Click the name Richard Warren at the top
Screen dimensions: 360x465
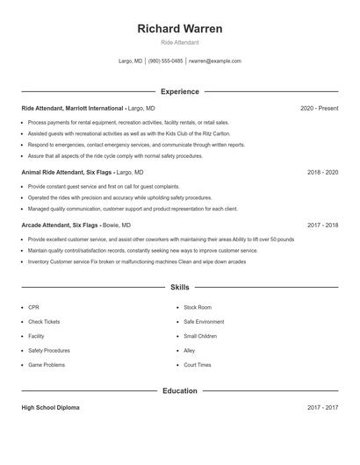click(x=179, y=28)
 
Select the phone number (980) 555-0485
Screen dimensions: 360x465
click(x=165, y=61)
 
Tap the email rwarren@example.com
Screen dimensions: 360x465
click(x=215, y=61)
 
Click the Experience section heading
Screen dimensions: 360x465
click(x=179, y=91)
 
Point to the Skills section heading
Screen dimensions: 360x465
click(x=179, y=287)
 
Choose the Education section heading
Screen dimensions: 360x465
click(x=179, y=390)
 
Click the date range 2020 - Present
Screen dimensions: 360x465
click(x=319, y=108)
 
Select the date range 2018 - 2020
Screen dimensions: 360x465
click(x=322, y=173)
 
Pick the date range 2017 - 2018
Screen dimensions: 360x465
click(x=322, y=225)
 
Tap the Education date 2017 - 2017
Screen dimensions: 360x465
click(x=322, y=408)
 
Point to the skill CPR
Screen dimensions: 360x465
click(x=33, y=308)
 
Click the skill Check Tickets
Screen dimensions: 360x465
click(x=44, y=322)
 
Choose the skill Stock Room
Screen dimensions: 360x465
click(x=198, y=308)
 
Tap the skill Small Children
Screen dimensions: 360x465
click(x=200, y=336)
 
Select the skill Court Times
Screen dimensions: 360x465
click(x=198, y=364)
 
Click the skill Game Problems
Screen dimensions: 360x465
click(x=47, y=364)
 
